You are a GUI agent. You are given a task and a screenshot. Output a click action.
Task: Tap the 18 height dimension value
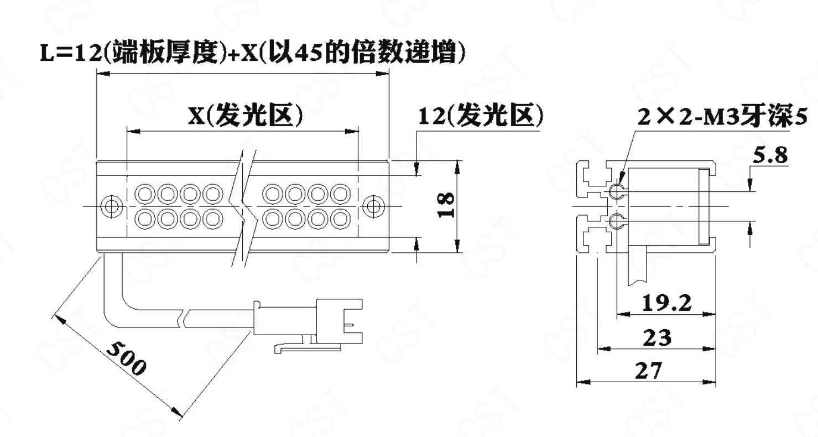point(446,205)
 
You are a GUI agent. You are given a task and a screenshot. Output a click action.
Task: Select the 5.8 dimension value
point(770,155)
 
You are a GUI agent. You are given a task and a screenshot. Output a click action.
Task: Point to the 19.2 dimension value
point(666,303)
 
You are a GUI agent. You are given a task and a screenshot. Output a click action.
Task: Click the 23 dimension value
point(657,337)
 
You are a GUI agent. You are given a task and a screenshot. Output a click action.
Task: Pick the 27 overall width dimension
point(649,371)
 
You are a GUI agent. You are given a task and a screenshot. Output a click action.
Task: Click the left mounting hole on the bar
point(111,206)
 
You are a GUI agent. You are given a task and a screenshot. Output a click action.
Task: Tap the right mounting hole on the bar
point(373,206)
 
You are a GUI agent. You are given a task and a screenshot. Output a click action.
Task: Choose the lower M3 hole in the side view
point(617,221)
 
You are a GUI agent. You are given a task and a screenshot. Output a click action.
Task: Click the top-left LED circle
point(145,194)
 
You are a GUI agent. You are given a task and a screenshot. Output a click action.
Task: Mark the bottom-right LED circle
point(340,219)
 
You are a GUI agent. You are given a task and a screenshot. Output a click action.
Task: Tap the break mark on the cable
point(183,319)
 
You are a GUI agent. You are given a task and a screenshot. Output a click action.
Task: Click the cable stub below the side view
point(638,266)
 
